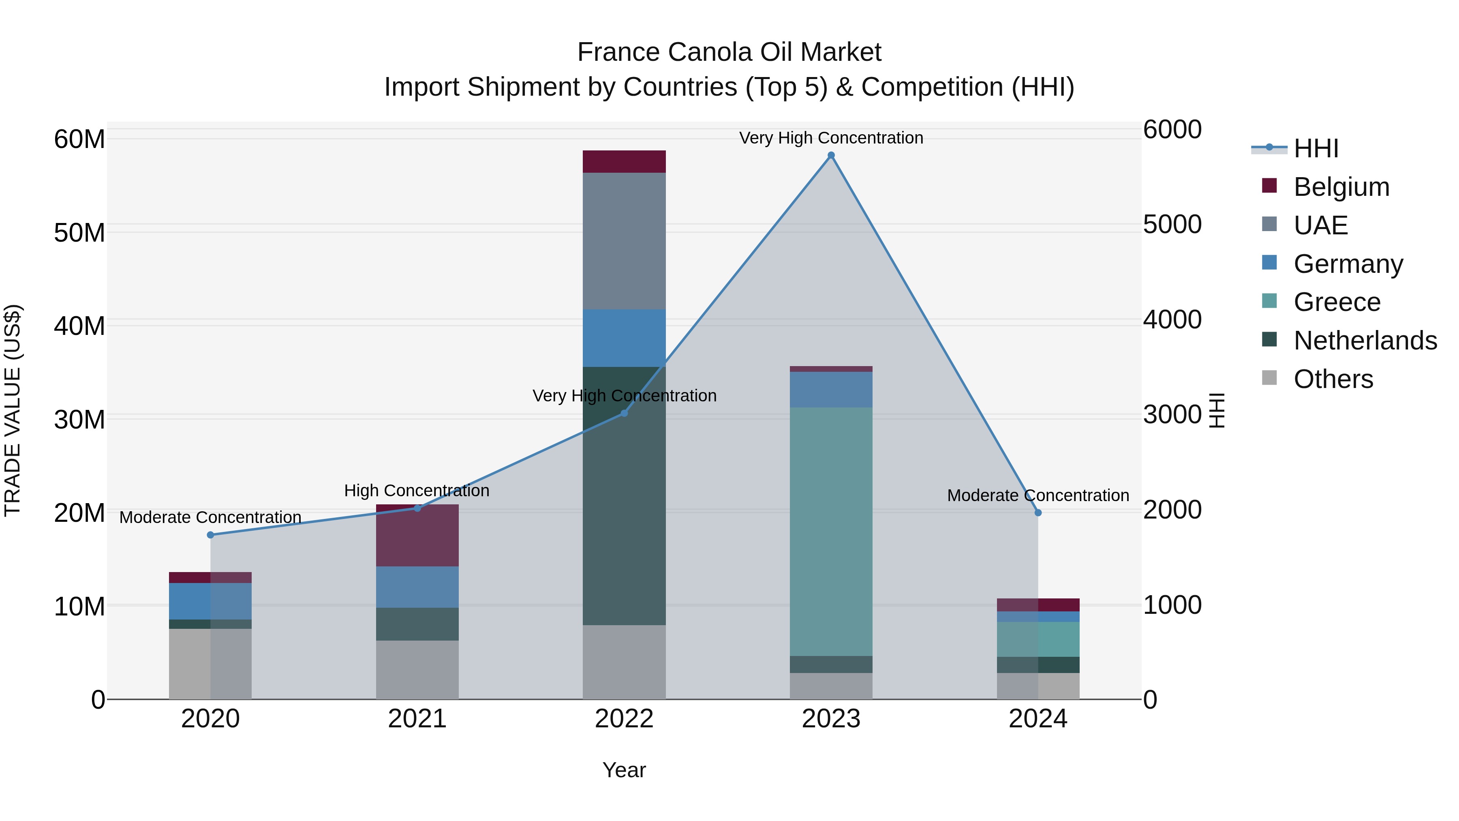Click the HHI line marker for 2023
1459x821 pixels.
click(831, 155)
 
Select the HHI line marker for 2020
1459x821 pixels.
click(211, 535)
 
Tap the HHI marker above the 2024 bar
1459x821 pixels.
click(1038, 513)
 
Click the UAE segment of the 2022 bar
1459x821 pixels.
click(624, 241)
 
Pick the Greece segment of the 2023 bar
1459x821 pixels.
click(831, 532)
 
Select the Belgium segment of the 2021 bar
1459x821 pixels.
click(417, 536)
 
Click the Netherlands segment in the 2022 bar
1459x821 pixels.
click(624, 496)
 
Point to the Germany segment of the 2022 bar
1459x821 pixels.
click(624, 338)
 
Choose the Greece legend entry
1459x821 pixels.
click(1337, 302)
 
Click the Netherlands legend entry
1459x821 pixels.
click(1365, 341)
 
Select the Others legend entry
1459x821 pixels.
click(1333, 379)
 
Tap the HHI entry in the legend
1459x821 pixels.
click(1316, 148)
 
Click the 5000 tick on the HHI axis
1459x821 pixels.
click(1172, 224)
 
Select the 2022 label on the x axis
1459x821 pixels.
click(624, 719)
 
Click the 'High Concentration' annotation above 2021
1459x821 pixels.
click(417, 491)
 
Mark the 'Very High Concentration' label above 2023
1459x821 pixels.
click(831, 138)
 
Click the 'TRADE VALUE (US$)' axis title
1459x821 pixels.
click(13, 410)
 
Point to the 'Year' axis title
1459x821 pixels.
click(624, 770)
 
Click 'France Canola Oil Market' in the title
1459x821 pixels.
click(729, 52)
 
